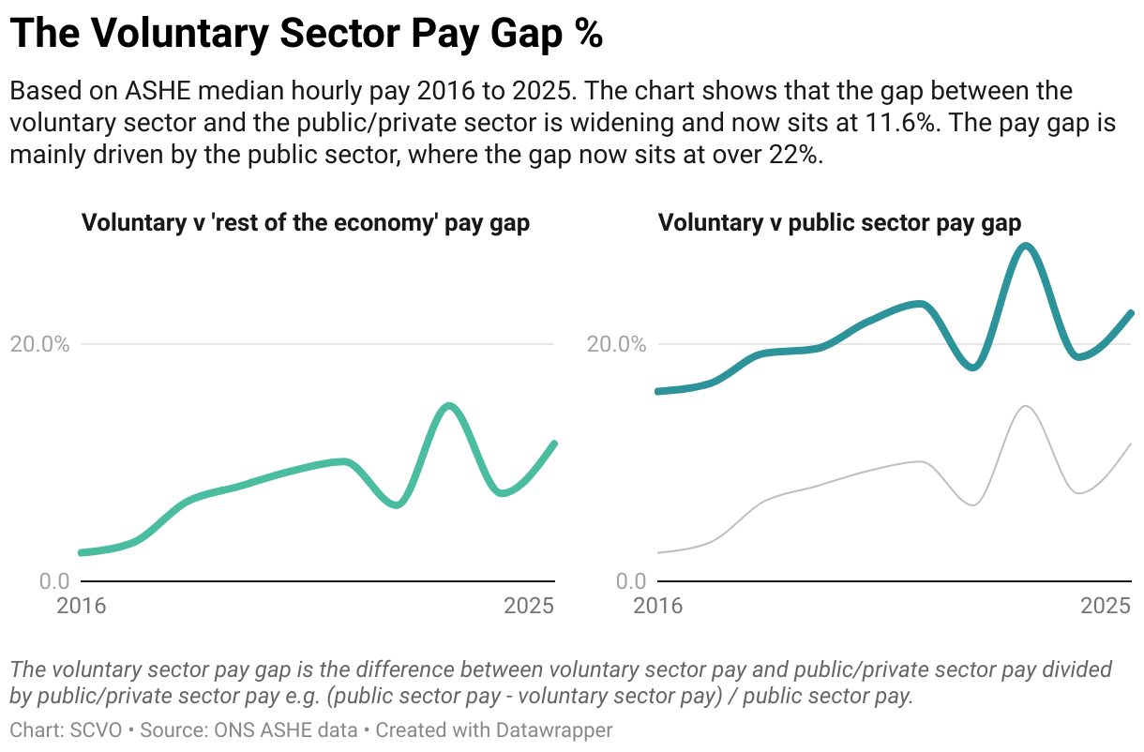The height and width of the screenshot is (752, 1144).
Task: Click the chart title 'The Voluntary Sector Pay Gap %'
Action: coord(306,35)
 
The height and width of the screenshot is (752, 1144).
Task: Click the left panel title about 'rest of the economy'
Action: coord(306,223)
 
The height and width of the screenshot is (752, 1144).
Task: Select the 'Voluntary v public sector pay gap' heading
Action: coord(839,223)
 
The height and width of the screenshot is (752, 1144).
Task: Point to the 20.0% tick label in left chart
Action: coord(40,344)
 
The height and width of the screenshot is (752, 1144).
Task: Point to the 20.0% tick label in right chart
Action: coord(617,344)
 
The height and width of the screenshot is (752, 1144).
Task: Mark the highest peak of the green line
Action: coord(450,405)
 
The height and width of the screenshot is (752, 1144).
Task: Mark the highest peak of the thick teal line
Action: coord(1026,246)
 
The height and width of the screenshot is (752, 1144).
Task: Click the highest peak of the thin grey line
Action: coord(1026,406)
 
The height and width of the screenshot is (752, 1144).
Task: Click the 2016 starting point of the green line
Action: coord(82,552)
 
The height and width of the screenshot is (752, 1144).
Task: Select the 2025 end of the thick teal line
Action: coord(1131,313)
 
